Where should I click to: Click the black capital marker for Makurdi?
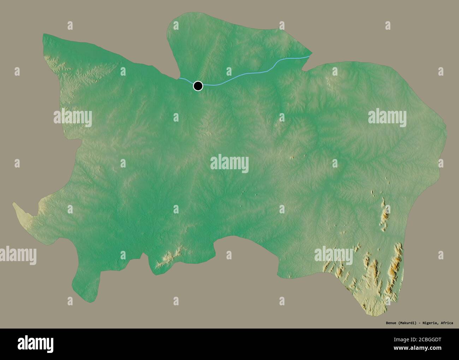click(x=198, y=85)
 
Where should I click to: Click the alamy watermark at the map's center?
click(x=229, y=164)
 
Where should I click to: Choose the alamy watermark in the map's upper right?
click(x=387, y=117)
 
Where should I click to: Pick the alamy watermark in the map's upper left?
click(x=73, y=118)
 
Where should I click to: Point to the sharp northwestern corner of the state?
click(x=44, y=35)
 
